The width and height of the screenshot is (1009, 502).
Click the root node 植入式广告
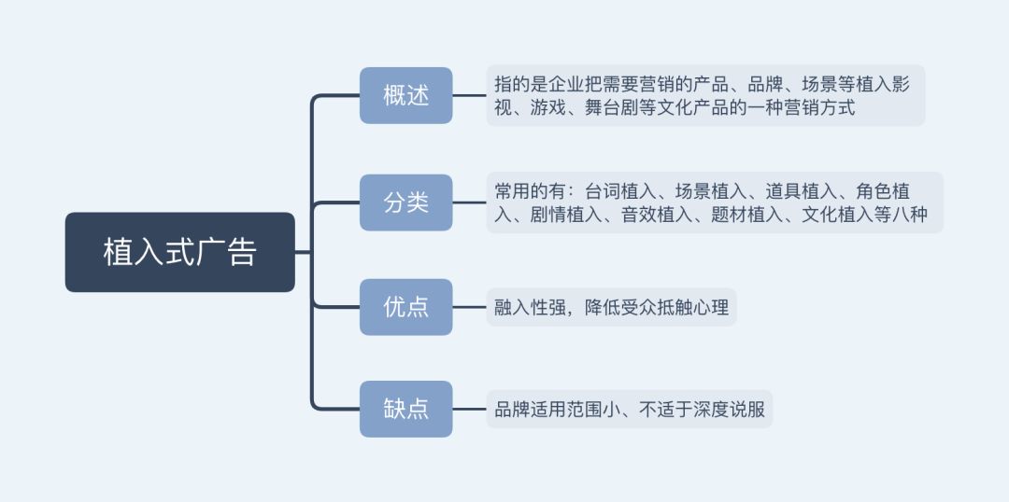[180, 252]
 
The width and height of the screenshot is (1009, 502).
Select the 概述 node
[406, 95]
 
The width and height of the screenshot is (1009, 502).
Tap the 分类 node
[406, 202]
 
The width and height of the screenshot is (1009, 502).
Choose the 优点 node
[406, 307]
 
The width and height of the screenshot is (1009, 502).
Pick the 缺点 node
[406, 409]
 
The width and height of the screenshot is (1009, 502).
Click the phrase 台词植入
[621, 191]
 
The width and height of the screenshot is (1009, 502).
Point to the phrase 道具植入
[802, 191]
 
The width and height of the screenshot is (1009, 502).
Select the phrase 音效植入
[657, 215]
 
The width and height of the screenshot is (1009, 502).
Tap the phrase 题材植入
[747, 215]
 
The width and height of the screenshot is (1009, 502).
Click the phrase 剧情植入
[567, 215]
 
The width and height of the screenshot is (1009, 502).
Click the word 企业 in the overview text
[567, 84]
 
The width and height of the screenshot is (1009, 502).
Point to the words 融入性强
[531, 307]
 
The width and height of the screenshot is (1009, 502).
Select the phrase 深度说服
[730, 410]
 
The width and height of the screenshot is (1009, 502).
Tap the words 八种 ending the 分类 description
[910, 215]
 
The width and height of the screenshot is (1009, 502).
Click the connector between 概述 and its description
[469, 95]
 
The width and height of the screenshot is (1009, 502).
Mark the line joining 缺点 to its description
[469, 409]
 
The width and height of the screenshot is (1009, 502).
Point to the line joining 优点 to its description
[469, 307]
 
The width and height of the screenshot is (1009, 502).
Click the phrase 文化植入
[837, 215]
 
